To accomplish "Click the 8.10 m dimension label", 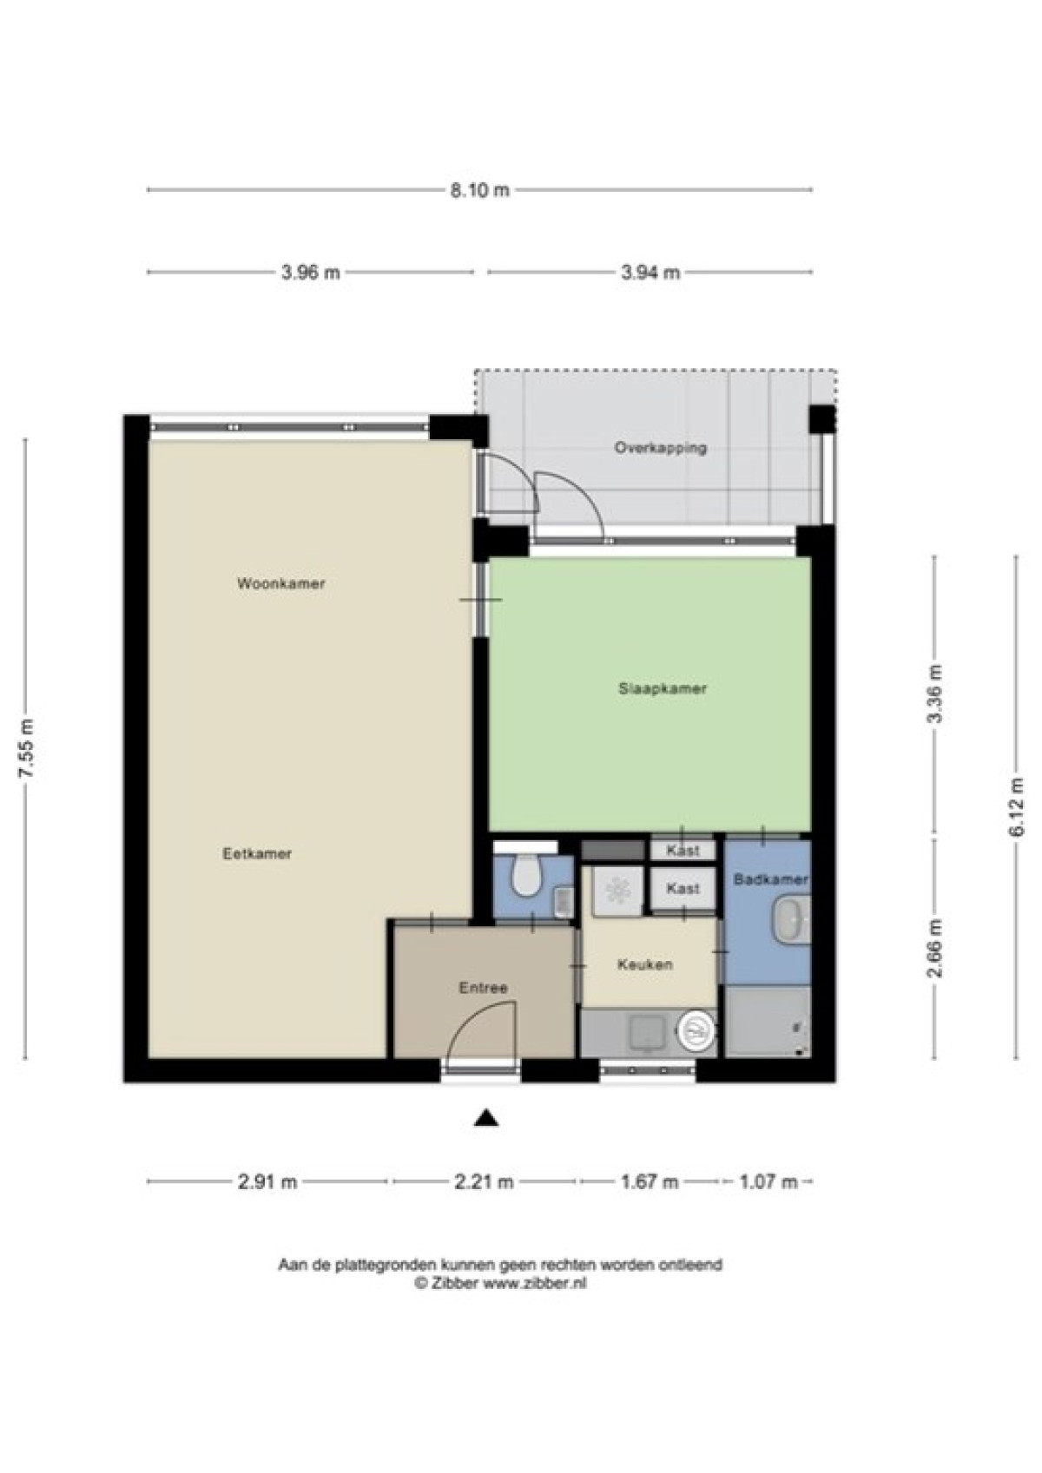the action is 479,191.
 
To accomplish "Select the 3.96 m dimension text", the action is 311,273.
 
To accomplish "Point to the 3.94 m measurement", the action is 650,273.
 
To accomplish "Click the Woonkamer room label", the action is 280,583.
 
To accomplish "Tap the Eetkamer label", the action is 256,854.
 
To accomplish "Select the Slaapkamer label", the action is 663,689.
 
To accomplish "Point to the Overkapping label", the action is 661,448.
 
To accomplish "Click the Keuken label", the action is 644,964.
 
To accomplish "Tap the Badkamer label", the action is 770,879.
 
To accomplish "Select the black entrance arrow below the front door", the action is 485,1118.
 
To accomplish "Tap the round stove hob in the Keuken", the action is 696,1032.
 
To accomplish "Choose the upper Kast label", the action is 683,851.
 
